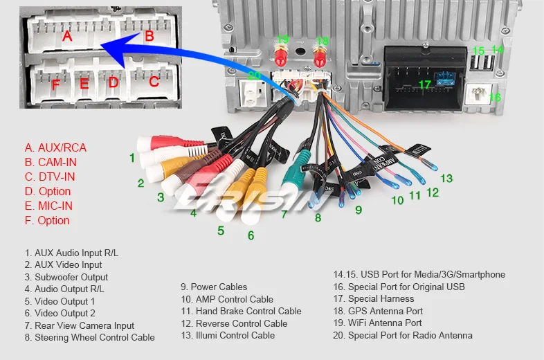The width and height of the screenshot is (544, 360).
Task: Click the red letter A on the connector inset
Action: pos(67,36)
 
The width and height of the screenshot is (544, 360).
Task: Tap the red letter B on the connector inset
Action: pos(149,36)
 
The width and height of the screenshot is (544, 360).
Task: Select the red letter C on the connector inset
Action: pos(154,81)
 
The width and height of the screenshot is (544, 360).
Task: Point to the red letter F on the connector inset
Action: pos(55,85)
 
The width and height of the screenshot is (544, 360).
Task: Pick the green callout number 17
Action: pos(424,85)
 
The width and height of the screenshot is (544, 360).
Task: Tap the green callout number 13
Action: pos(446,179)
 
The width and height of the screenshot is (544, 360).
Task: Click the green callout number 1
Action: pos(132,158)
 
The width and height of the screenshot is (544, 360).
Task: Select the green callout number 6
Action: pos(251,235)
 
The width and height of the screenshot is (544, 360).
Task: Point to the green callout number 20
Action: pos(255,75)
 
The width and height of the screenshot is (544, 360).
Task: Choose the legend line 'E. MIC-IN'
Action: pos(48,206)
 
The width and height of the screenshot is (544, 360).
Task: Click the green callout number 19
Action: pos(282,39)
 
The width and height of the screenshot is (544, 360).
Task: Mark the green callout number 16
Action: pos(494,98)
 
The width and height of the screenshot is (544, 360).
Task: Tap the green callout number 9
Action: pos(359,209)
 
